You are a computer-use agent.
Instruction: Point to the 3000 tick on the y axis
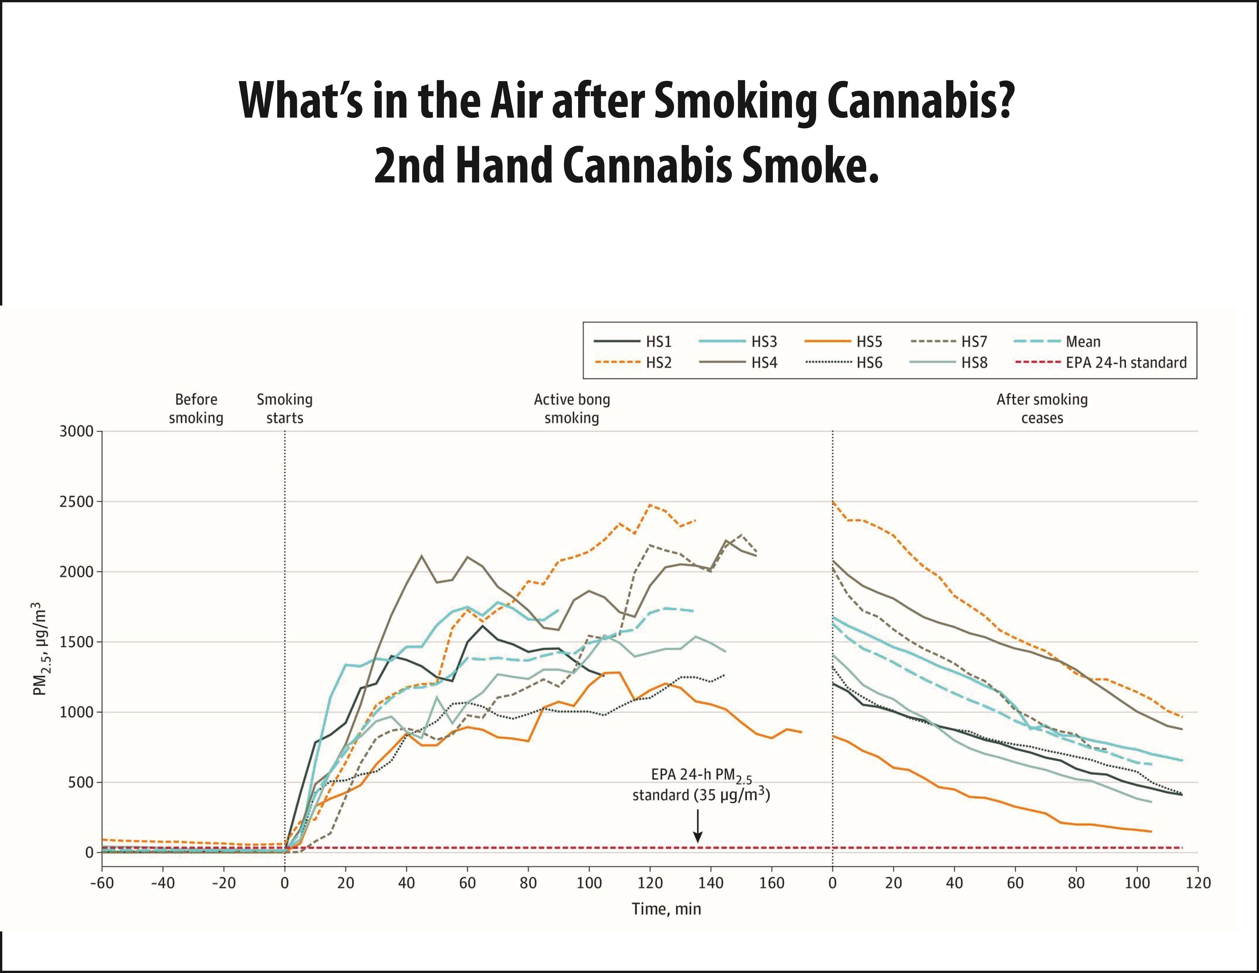coord(76,431)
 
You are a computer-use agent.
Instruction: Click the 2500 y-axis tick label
coord(76,502)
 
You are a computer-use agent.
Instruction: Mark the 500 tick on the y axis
coord(81,783)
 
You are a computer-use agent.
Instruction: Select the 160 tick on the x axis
coord(771,883)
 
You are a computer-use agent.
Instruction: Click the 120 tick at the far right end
coord(1198,883)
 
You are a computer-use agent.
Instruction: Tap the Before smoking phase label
coord(196,408)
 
